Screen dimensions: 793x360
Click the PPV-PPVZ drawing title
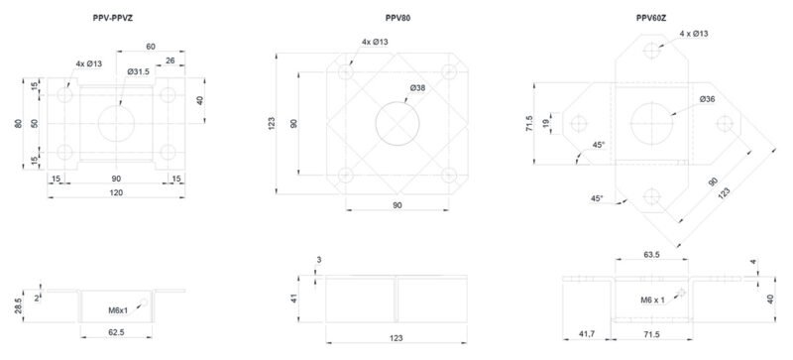point(113,18)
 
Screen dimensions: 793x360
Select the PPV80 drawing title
point(397,18)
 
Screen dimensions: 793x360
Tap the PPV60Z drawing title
point(651,18)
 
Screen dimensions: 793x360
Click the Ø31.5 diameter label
point(138,71)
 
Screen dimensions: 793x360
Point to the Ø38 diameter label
point(417,87)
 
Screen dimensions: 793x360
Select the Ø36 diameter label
point(707,99)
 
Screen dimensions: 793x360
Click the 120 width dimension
point(116,192)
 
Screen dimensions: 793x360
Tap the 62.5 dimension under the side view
point(116,332)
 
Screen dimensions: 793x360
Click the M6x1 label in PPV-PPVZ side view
point(118,309)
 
